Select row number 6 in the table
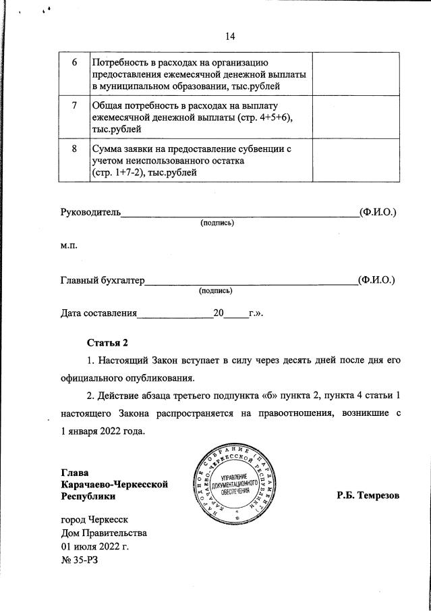tap(75, 61)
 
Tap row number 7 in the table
tap(75, 106)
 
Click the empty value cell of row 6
tap(356, 74)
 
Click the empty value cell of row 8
tap(356, 160)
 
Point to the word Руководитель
tap(90, 212)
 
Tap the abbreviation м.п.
tap(70, 246)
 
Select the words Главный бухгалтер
tap(103, 280)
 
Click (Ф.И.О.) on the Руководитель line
tap(378, 212)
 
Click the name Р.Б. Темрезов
tap(368, 496)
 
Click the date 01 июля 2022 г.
tap(94, 546)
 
